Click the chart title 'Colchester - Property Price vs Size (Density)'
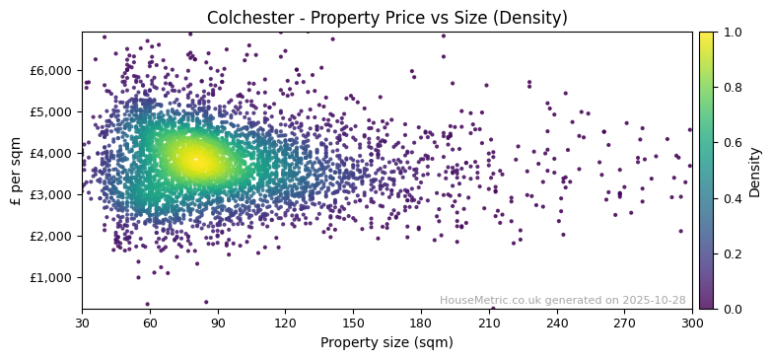click(x=386, y=18)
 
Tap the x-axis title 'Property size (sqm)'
click(x=386, y=343)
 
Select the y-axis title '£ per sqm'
click(x=17, y=170)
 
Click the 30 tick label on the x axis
click(x=82, y=323)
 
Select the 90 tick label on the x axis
click(x=218, y=323)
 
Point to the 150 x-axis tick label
click(x=353, y=323)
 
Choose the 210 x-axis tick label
click(x=489, y=323)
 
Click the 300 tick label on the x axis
click(x=692, y=323)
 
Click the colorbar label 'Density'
click(x=755, y=170)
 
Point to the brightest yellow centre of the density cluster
click(x=195, y=160)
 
